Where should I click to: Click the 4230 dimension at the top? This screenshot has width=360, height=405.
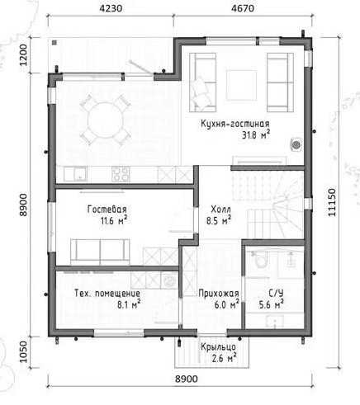pyautogui.click(x=111, y=8)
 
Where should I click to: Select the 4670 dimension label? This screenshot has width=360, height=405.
pyautogui.click(x=243, y=8)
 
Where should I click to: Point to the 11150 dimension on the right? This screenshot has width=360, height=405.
pyautogui.click(x=332, y=202)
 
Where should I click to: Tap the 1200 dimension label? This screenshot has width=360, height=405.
pyautogui.click(x=24, y=54)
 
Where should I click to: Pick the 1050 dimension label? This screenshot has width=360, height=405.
pyautogui.click(x=24, y=352)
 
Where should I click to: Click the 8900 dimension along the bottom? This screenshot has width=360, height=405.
pyautogui.click(x=187, y=379)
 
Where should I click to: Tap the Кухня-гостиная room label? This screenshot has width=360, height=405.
pyautogui.click(x=235, y=124)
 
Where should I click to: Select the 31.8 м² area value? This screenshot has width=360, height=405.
pyautogui.click(x=256, y=135)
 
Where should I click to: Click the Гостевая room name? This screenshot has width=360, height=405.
pyautogui.click(x=107, y=210)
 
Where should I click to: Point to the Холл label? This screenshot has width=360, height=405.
pyautogui.click(x=220, y=210)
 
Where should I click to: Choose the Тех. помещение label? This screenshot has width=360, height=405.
pyautogui.click(x=107, y=294)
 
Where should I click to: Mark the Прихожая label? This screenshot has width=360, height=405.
pyautogui.click(x=219, y=294)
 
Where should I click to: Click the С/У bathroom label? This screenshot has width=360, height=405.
pyautogui.click(x=276, y=294)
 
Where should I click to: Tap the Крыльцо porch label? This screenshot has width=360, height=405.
pyautogui.click(x=218, y=347)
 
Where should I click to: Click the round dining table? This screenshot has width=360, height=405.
pyautogui.click(x=106, y=120)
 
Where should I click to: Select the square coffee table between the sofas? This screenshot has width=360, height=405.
pyautogui.click(x=241, y=85)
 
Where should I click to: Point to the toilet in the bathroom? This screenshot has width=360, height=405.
pyautogui.click(x=261, y=259)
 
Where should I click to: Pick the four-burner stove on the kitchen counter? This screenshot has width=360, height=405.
pyautogui.click(x=121, y=174)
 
